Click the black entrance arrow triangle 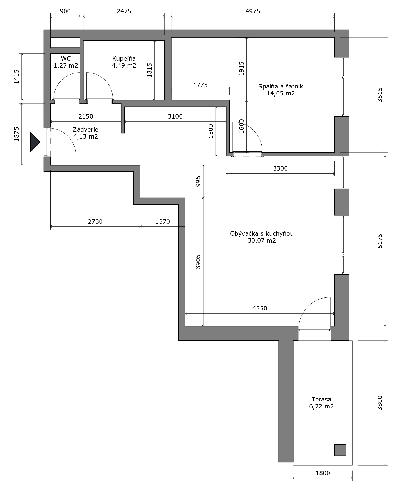35,142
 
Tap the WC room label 66,58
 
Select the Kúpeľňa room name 124,58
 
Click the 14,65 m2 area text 281,93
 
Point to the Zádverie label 86,129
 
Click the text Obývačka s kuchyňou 262,233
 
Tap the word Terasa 321,399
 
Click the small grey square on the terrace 340,450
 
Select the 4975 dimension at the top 253,11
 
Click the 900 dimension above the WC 65,11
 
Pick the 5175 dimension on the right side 380,241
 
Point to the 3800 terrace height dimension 380,403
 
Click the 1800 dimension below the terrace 323,473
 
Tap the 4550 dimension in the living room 260,308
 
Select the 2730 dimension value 95,221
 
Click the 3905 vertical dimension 198,262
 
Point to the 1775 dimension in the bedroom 200,85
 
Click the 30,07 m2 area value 262,241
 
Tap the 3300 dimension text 280,168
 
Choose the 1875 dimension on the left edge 17,134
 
